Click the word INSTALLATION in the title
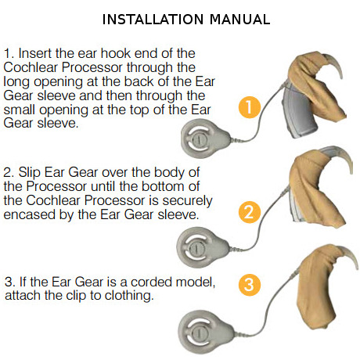(x=153, y=20)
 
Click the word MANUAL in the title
(x=239, y=20)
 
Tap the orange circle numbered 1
(x=250, y=107)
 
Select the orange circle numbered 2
(x=250, y=212)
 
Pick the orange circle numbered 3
(x=250, y=284)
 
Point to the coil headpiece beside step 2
(x=202, y=247)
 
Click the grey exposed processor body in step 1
(x=300, y=112)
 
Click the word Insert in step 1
(x=34, y=53)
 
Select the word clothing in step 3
(x=129, y=296)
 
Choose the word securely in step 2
(x=187, y=201)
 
